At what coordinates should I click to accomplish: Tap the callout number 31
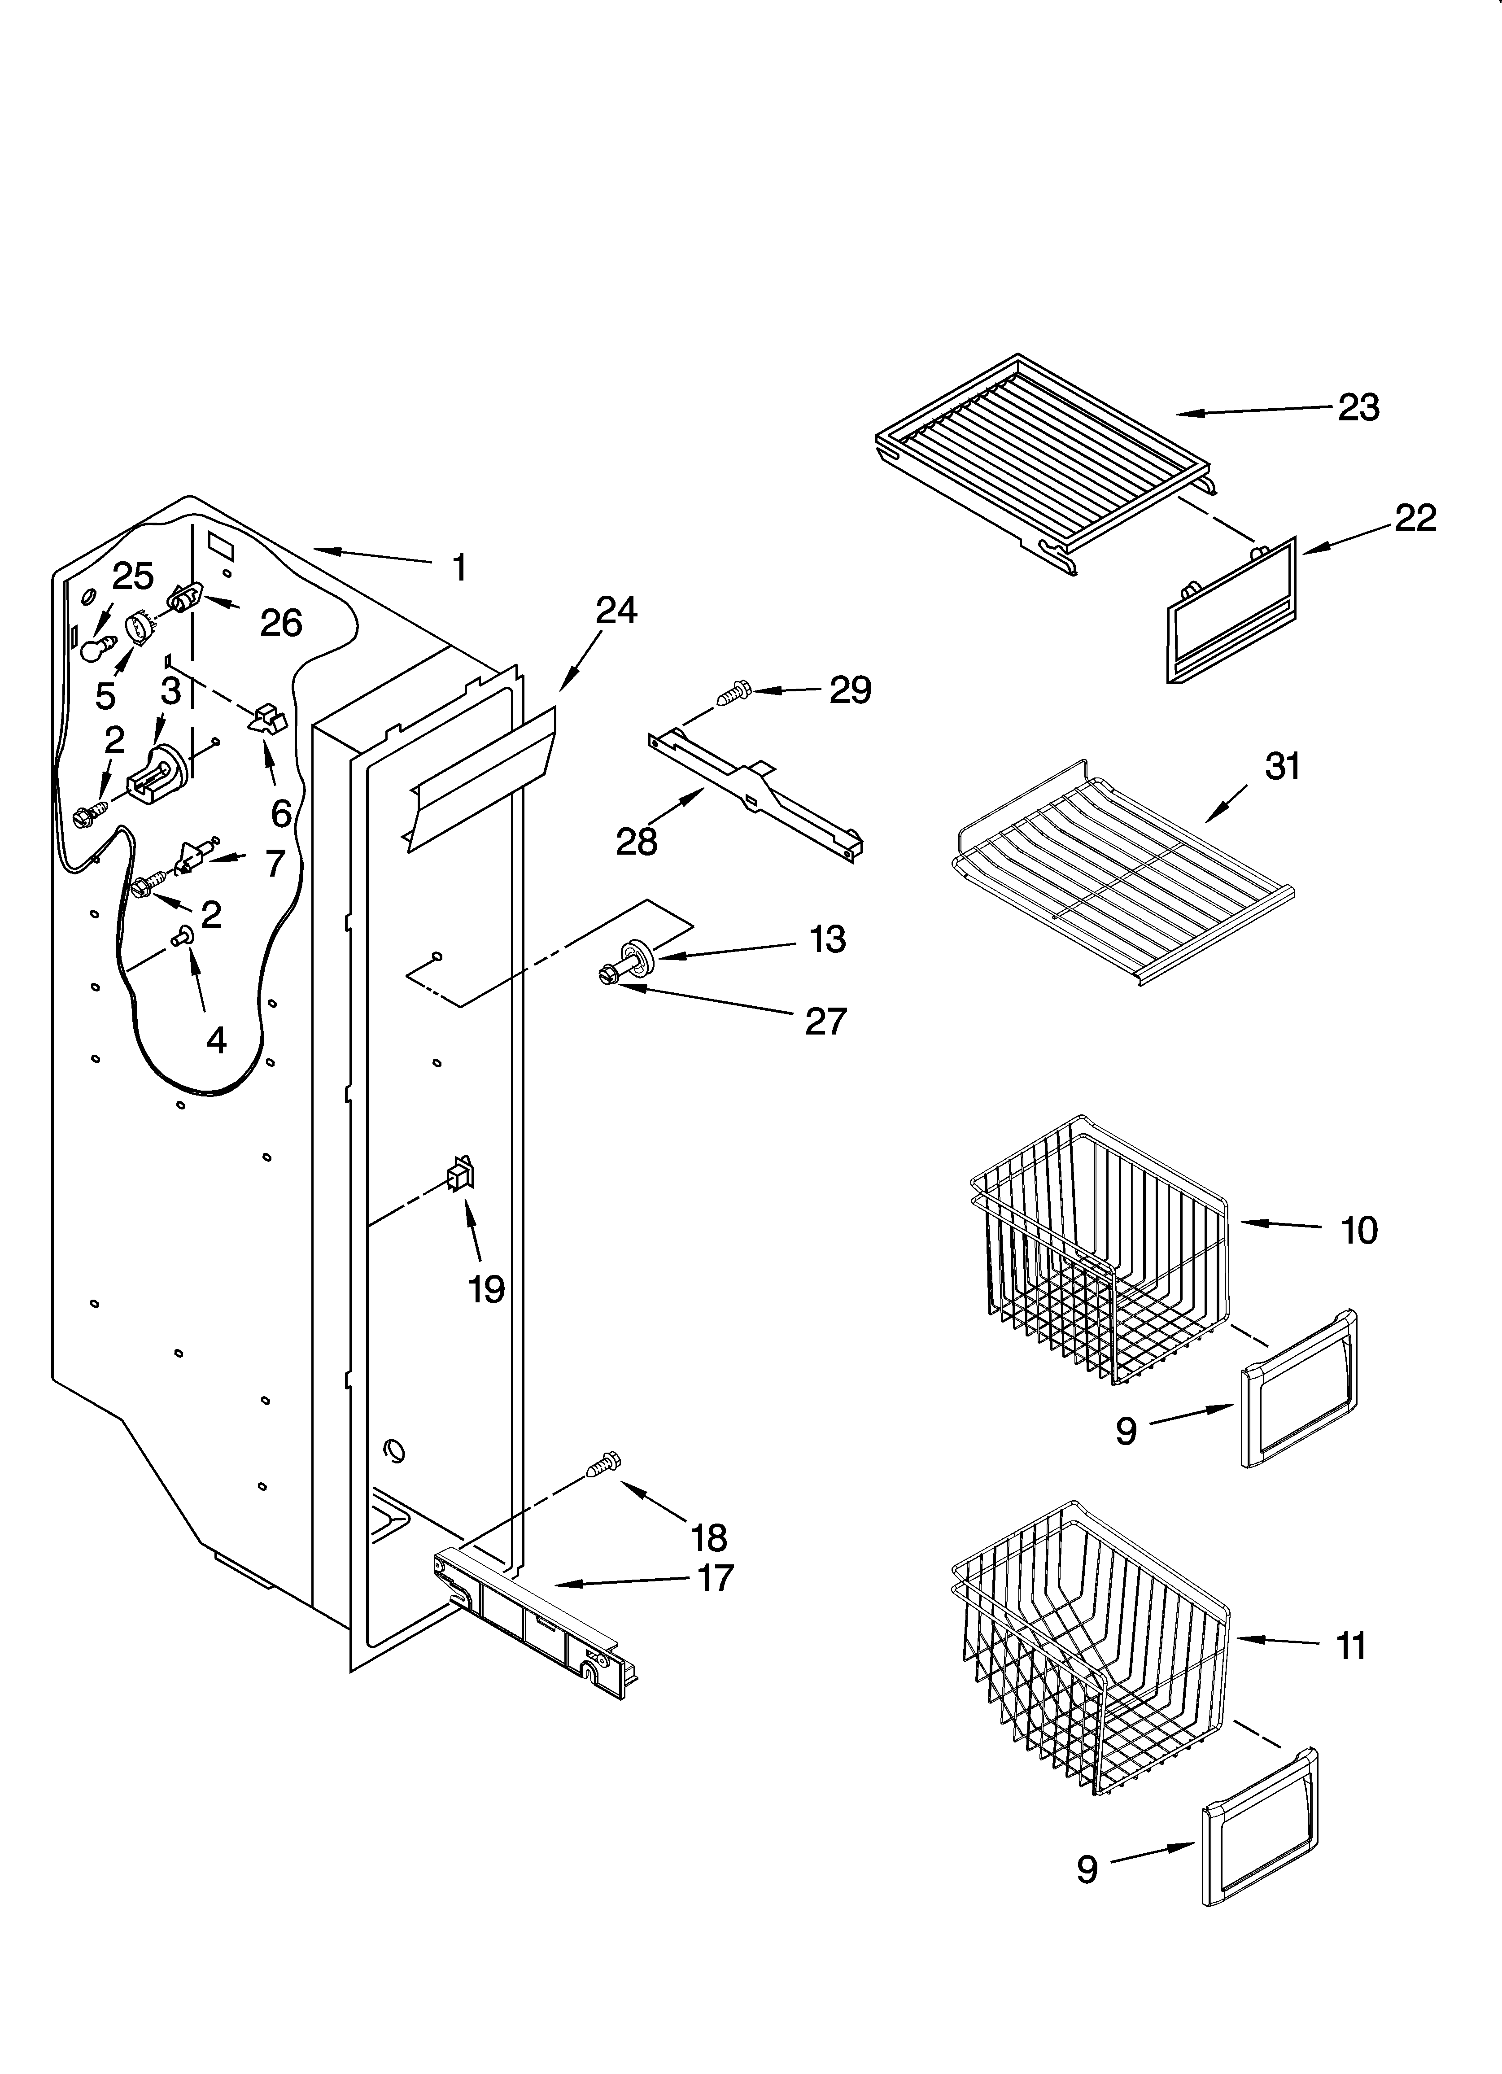(1283, 766)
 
